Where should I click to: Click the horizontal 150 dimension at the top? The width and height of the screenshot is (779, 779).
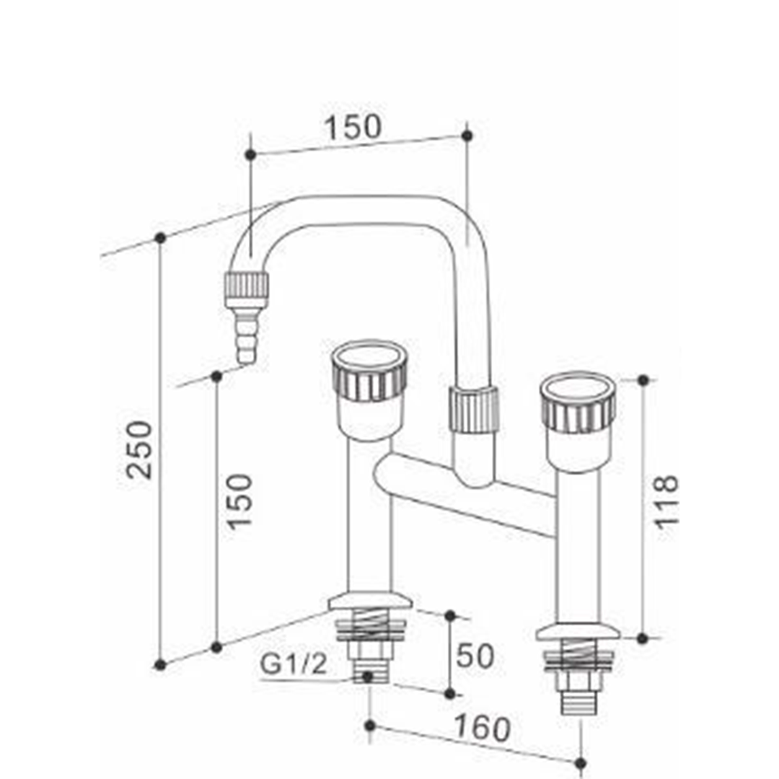[x=353, y=126]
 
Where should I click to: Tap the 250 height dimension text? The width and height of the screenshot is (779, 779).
[x=138, y=450]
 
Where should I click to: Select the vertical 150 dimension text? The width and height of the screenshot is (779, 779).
[x=239, y=502]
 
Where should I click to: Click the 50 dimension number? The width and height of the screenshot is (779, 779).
[x=475, y=655]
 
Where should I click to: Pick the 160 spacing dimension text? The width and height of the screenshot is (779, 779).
[x=483, y=727]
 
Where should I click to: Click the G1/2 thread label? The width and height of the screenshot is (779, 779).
[x=294, y=664]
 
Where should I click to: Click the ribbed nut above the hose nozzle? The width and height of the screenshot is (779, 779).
[x=247, y=290]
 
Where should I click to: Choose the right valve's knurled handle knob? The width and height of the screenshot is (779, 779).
[x=578, y=403]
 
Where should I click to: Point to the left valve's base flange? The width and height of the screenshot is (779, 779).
[x=370, y=601]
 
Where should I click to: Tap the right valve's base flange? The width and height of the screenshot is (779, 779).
[x=578, y=632]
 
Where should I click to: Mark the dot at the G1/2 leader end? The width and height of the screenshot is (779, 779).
[x=367, y=676]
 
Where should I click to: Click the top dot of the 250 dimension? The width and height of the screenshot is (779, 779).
[x=160, y=238]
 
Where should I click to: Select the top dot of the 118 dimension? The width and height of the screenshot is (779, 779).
[x=643, y=380]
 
